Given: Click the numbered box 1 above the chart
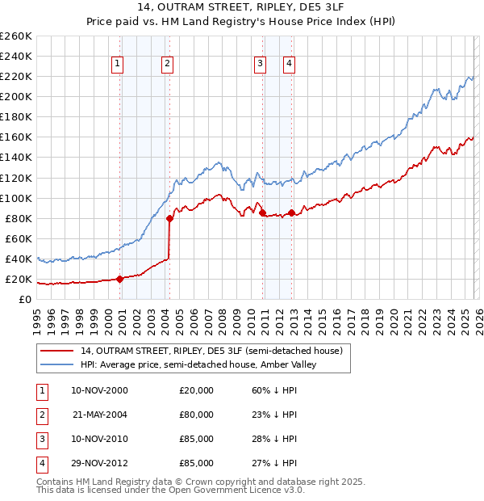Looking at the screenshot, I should [118, 65].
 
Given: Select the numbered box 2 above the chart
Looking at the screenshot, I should [167, 65].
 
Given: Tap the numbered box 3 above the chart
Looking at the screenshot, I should [260, 65].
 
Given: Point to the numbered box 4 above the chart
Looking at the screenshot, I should [289, 65].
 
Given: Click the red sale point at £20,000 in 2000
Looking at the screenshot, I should [119, 279].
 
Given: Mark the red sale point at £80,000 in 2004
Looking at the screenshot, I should [169, 218].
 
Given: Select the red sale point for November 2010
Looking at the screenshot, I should [263, 213].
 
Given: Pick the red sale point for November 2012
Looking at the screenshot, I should [291, 213].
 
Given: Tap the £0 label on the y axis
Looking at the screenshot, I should [25, 300].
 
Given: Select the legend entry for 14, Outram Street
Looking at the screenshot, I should [211, 351].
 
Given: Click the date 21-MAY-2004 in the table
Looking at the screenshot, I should [100, 415].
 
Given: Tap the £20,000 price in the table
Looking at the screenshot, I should [196, 390].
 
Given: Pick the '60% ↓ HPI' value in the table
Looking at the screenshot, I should [274, 390].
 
